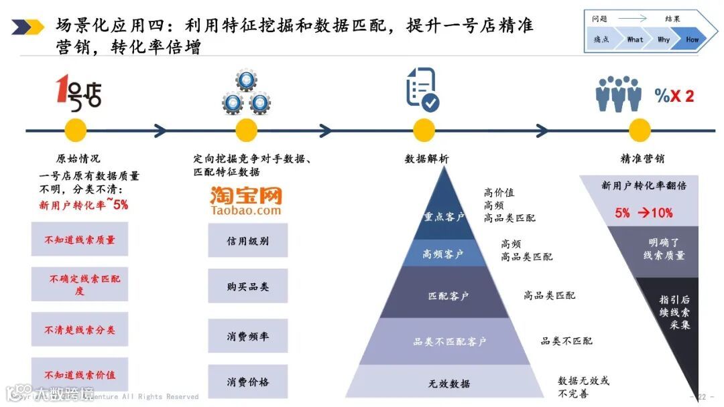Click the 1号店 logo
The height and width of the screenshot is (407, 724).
coord(79,92)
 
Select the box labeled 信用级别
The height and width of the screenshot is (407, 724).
coord(247,240)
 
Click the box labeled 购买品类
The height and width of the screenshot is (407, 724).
coord(247,287)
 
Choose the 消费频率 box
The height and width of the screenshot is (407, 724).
coord(247,336)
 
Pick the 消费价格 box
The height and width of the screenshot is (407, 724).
coord(247,382)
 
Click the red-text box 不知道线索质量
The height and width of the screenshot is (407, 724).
coord(80,240)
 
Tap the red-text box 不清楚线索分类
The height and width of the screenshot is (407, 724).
coord(80,329)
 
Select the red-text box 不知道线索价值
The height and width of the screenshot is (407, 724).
coord(80,375)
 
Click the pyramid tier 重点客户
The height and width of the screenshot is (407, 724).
coord(444,216)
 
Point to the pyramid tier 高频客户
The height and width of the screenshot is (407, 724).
coord(444,254)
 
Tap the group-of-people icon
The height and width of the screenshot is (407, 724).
coord(618,94)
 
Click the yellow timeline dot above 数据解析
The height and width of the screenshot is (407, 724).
coord(424,130)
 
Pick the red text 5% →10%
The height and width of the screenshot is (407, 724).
coord(644,213)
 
